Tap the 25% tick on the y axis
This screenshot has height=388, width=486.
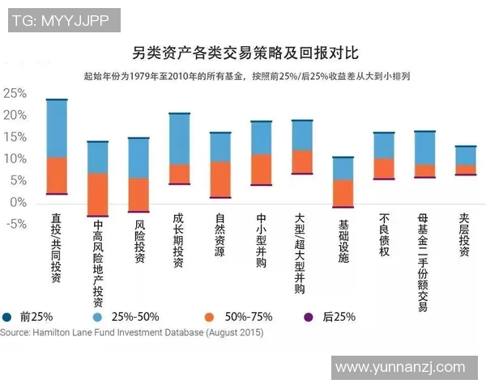point(15,93)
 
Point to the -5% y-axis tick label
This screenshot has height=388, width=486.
point(15,224)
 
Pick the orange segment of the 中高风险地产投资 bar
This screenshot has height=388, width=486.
point(97,194)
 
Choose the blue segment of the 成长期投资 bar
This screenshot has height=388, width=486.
point(179,138)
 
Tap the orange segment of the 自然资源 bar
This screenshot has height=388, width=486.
point(220,179)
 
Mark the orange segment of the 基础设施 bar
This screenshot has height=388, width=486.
point(343,192)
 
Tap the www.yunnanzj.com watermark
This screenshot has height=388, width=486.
point(400,368)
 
